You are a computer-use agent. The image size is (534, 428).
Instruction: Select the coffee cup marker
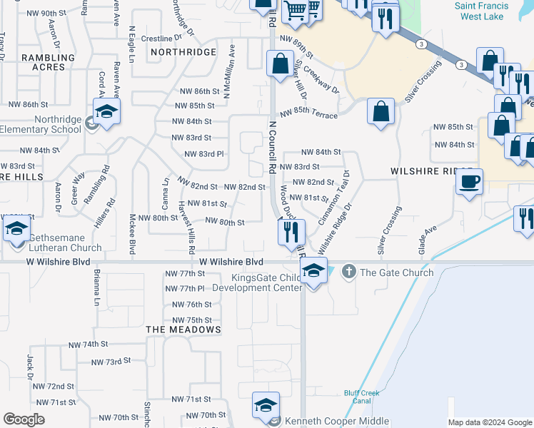(x=469, y=182)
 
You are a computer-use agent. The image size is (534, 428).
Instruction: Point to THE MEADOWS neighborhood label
(x=183, y=330)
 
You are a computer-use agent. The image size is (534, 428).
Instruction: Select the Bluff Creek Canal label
(x=366, y=397)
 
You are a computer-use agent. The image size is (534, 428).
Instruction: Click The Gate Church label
(x=397, y=272)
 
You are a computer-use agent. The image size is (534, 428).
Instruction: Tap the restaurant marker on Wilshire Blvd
(x=291, y=231)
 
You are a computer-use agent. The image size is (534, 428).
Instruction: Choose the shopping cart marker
(x=295, y=10)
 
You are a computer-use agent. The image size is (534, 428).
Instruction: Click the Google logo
(x=24, y=419)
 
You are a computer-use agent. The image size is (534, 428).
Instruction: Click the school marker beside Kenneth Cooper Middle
(x=265, y=406)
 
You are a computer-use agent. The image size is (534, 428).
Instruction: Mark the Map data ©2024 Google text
(x=489, y=422)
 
